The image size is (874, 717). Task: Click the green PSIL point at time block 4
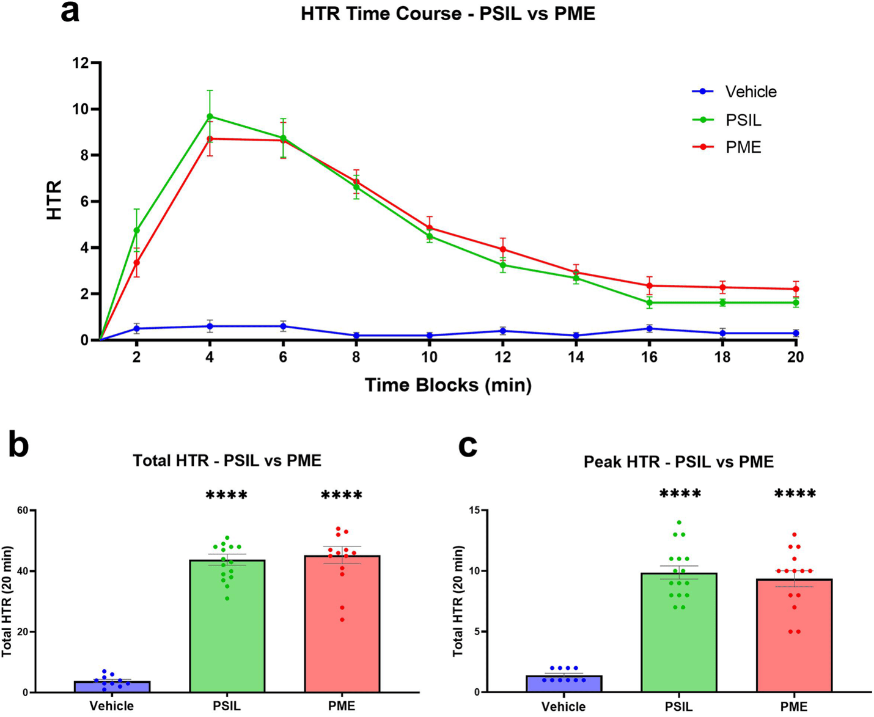click(x=210, y=116)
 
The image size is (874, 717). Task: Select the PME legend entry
click(x=727, y=147)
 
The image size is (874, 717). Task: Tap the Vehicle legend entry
click(x=734, y=92)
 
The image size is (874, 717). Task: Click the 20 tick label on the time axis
click(x=795, y=357)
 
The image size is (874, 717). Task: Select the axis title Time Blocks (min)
click(x=448, y=386)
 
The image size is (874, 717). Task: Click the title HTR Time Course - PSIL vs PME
click(x=448, y=13)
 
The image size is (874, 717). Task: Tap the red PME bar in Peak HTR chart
click(x=795, y=635)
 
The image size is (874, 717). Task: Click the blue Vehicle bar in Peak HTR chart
click(x=564, y=684)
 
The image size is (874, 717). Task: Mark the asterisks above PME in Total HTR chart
click(x=342, y=495)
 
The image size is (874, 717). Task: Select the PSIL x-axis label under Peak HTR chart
click(x=679, y=706)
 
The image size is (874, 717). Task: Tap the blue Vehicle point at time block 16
click(x=649, y=329)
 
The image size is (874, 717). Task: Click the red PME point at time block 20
click(x=796, y=289)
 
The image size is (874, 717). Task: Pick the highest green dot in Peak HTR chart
click(x=679, y=523)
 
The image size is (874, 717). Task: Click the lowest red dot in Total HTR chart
click(x=342, y=620)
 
